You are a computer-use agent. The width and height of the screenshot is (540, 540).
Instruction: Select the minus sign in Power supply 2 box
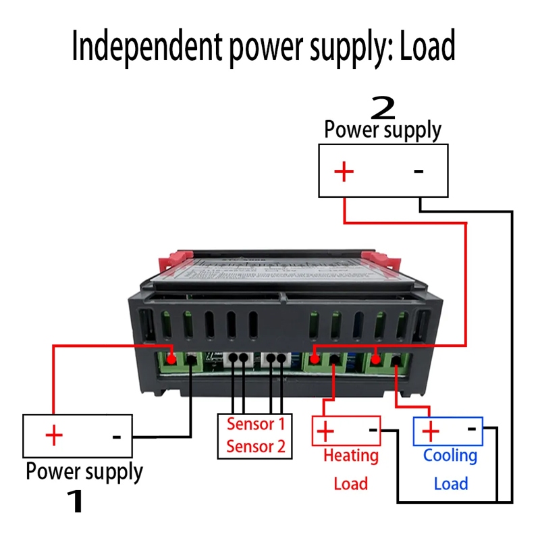point(418,171)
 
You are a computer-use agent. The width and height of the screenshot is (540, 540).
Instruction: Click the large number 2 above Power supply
point(383,108)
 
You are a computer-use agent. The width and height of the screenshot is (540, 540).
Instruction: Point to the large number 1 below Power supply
point(76,501)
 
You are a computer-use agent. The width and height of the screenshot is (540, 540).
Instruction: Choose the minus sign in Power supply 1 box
point(116,437)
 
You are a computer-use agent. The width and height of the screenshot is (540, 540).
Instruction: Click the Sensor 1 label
point(255,424)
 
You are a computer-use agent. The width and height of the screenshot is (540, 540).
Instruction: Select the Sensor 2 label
point(255,446)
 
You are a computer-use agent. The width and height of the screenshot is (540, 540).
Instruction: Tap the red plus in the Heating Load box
point(325,430)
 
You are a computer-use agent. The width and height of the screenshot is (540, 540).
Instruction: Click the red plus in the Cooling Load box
point(430,430)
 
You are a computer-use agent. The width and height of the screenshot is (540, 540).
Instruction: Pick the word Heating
point(351,456)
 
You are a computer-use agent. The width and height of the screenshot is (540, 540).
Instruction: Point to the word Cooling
point(450,456)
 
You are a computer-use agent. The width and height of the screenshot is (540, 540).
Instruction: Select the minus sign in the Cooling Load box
point(473,428)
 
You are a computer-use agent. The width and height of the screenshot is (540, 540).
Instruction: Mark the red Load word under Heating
point(351,483)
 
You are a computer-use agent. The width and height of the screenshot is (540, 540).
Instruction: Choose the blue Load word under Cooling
point(450,483)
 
